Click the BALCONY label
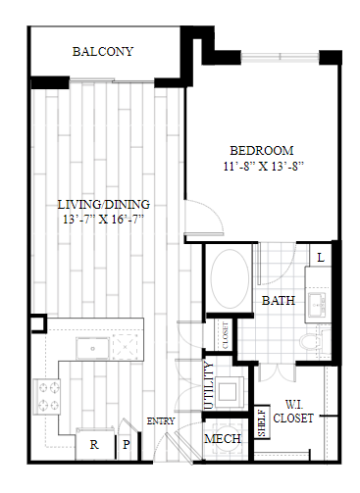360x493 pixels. tap(103, 52)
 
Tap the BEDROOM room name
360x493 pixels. tap(262, 151)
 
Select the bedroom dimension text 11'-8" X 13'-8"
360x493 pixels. tap(264, 167)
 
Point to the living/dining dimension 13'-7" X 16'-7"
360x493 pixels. tap(103, 219)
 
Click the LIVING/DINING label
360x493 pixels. tap(104, 205)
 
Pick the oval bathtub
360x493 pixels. tap(230, 278)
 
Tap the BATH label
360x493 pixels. tap(279, 301)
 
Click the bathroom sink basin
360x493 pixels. tap(318, 304)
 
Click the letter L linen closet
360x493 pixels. tap(321, 258)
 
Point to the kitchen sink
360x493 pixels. tap(92, 349)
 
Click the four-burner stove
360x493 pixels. tap(46, 396)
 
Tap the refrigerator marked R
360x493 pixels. tap(94, 444)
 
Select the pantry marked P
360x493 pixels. tap(127, 444)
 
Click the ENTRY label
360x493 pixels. tap(161, 421)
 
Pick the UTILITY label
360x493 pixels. tap(209, 385)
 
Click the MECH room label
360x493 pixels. tap(223, 439)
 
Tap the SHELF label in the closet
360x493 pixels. tap(262, 422)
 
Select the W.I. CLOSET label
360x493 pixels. tap(293, 412)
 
